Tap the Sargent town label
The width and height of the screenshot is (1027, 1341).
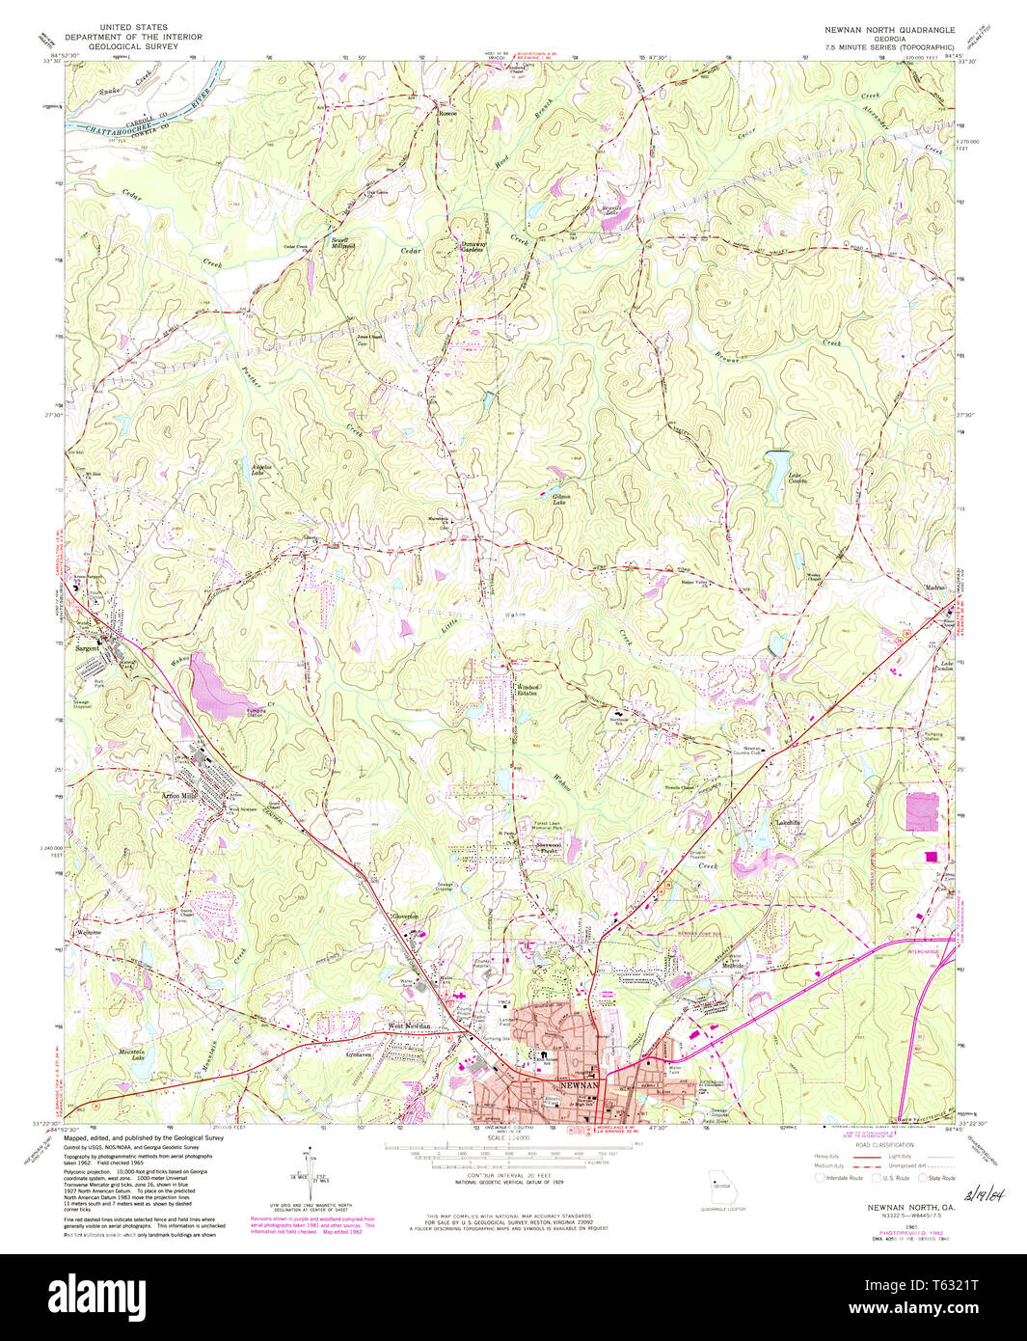[x=88, y=649]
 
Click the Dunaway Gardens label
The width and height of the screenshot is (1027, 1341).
[x=472, y=246]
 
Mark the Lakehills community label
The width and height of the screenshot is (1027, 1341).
[x=790, y=823]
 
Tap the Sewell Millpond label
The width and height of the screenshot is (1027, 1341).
[x=343, y=243]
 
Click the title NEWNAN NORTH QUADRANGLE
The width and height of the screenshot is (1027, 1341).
[x=889, y=29]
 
